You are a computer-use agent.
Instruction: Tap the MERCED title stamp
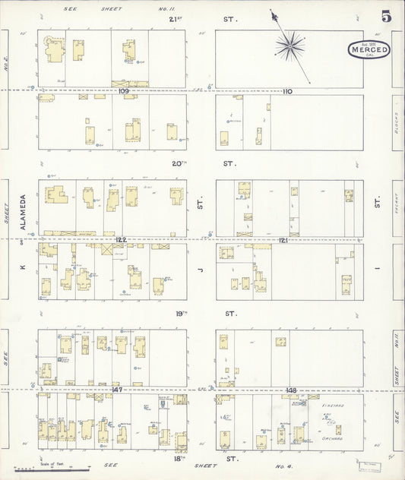coord(370,50)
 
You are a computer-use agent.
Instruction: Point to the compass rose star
coord(290,48)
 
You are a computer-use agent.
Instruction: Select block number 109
coord(124,91)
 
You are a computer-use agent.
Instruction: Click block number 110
coord(287,91)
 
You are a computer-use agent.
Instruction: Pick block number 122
coord(121,239)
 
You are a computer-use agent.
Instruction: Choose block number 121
coord(283,240)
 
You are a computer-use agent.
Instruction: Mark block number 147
coord(117,390)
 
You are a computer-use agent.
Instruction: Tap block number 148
coord(291,390)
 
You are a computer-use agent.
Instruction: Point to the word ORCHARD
coord(331,438)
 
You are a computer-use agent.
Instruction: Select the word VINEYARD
coord(332,406)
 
